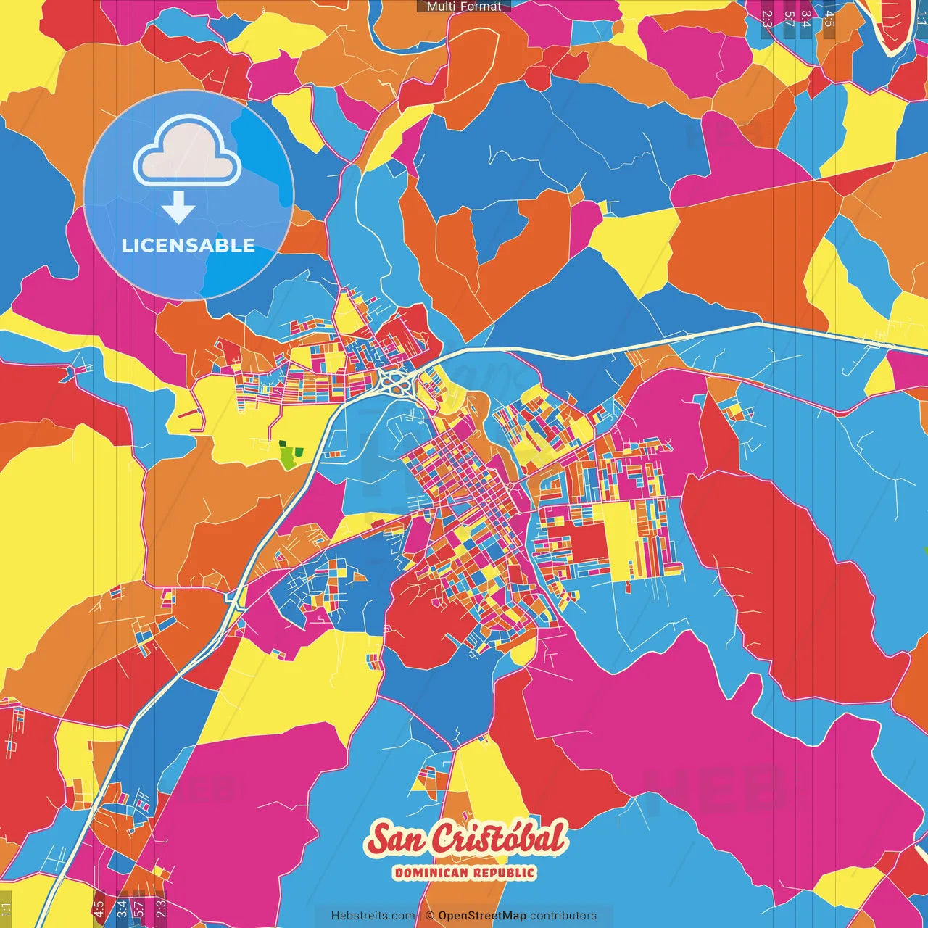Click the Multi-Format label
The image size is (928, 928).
[464, 7]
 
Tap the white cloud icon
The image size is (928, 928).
[188, 150]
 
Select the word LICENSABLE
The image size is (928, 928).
[188, 246]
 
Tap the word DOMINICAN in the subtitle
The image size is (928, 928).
[431, 872]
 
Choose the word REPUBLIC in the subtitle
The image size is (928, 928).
[505, 872]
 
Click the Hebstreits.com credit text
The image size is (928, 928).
[373, 916]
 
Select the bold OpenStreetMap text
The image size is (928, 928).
[482, 916]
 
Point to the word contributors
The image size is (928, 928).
[563, 916]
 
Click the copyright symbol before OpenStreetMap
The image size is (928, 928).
[430, 916]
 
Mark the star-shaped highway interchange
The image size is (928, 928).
[395, 381]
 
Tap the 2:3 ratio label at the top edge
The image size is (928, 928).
[767, 19]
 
